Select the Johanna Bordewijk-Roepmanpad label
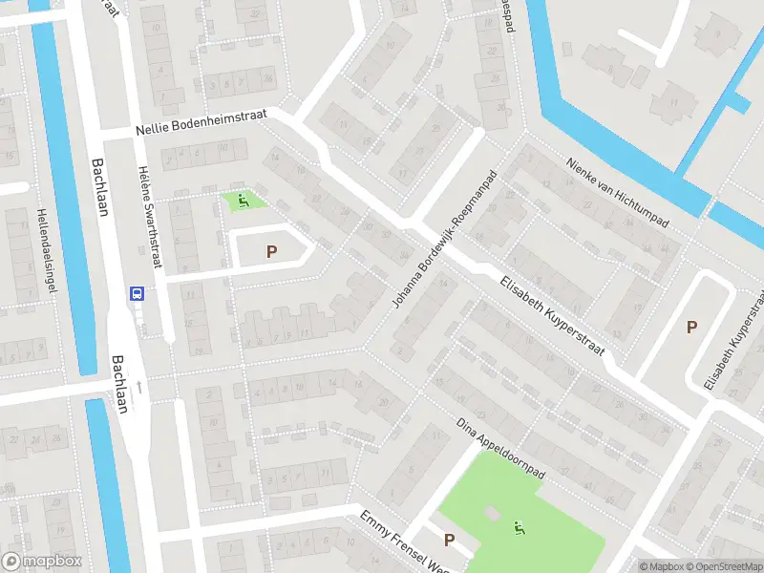click(x=445, y=239)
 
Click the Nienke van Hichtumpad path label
click(x=615, y=192)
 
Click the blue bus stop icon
click(x=138, y=294)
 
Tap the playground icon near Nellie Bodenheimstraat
click(x=244, y=201)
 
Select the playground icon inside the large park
click(x=519, y=525)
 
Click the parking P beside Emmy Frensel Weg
click(x=449, y=540)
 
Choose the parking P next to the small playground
click(x=271, y=252)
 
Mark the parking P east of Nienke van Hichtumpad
click(x=691, y=327)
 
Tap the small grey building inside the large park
click(x=491, y=514)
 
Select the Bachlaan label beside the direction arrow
click(x=118, y=376)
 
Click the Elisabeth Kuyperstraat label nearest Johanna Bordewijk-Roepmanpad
click(x=553, y=315)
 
